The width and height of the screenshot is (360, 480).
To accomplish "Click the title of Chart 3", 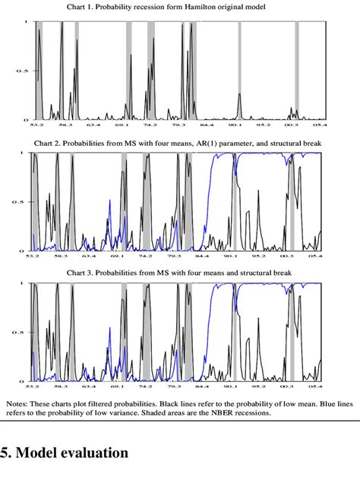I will tap(180, 273).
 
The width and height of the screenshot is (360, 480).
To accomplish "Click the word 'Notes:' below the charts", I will tap(19, 405).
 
